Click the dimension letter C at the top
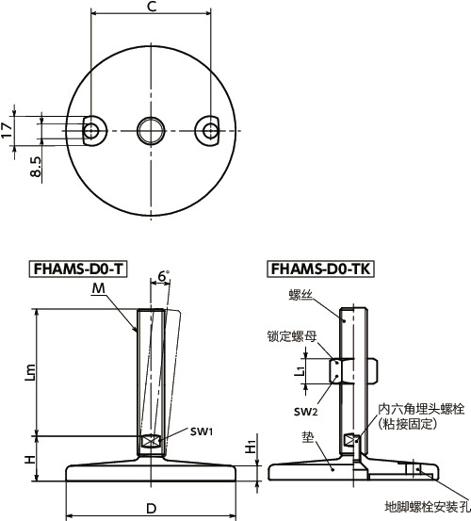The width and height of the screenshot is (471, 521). tap(152, 8)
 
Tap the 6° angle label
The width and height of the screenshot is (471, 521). tap(162, 276)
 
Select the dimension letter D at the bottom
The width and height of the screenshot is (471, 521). tap(151, 509)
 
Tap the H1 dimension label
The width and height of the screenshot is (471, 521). tap(250, 446)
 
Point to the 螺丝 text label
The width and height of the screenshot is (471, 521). tap(300, 295)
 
